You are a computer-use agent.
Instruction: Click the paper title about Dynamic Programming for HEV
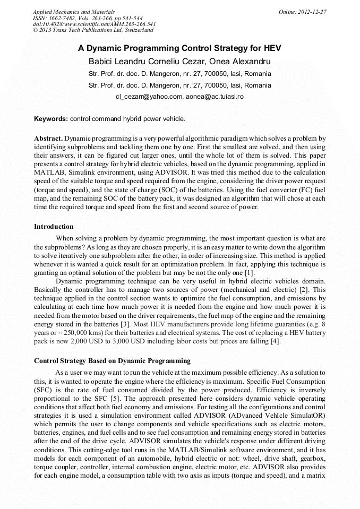point(179,48)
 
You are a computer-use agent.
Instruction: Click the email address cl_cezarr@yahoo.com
point(149,97)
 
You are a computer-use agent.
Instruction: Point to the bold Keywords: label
point(51,118)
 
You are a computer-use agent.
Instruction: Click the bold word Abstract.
point(48,138)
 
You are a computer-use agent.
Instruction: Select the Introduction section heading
point(54,227)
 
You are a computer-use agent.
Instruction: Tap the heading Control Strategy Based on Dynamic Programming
point(112,361)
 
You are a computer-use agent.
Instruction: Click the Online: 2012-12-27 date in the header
point(302,12)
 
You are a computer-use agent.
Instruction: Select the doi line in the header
point(94,24)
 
